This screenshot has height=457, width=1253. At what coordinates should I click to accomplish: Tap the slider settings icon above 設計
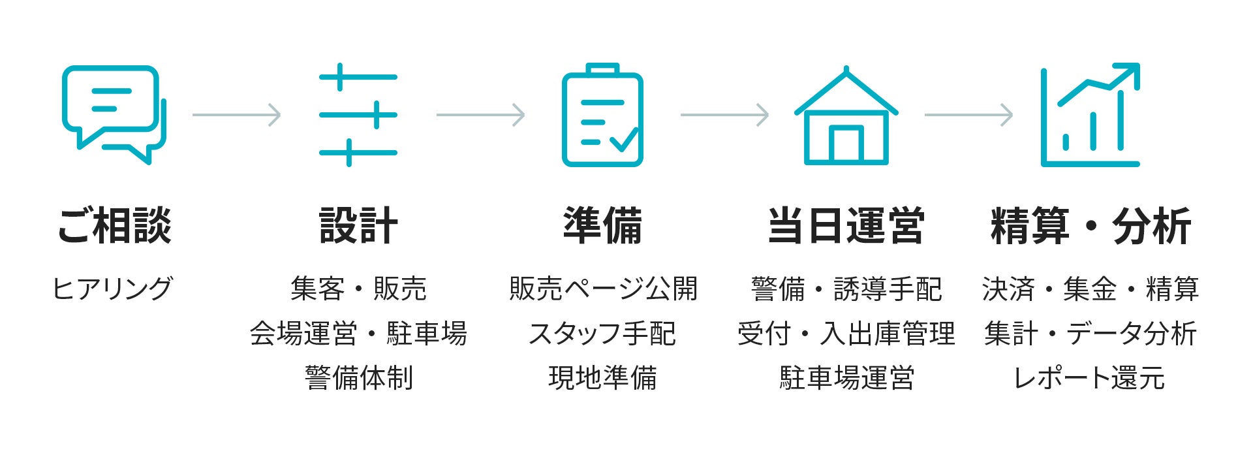[x=358, y=115]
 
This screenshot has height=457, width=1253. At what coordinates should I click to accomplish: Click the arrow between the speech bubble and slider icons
[x=236, y=115]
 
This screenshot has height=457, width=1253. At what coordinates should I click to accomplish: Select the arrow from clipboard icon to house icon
[x=724, y=115]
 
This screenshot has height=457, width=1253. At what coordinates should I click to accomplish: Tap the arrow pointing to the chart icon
[x=968, y=115]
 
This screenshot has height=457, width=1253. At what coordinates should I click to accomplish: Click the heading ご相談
[x=115, y=226]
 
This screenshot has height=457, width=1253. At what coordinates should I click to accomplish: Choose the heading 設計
[x=358, y=226]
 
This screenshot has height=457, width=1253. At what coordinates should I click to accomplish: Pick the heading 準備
[x=602, y=226]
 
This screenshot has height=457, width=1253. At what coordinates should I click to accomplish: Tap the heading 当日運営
[x=846, y=226]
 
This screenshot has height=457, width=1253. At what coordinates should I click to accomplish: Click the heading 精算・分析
[x=1091, y=226]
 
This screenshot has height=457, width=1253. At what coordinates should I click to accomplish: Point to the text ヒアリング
[x=112, y=289]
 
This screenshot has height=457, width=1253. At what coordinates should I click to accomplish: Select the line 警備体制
[x=358, y=378]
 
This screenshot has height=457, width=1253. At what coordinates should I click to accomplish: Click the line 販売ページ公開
[x=603, y=289]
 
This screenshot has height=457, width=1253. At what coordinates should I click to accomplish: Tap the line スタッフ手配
[x=602, y=334]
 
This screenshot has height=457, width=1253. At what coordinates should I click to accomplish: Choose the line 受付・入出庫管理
[x=846, y=334]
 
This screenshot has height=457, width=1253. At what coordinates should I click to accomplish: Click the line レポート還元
[x=1090, y=378]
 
